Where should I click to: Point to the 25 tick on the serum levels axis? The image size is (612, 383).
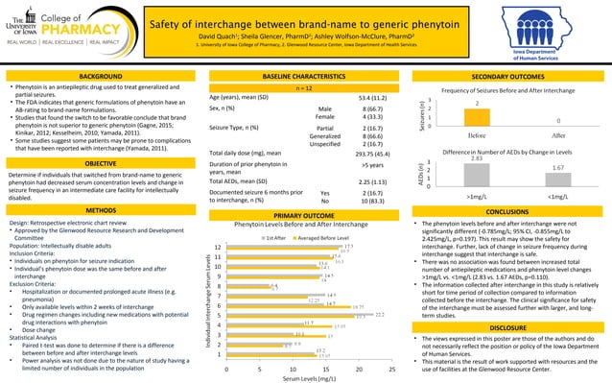[392, 368]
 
